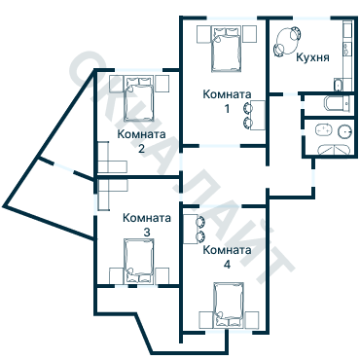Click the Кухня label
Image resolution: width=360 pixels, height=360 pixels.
coord(312,57)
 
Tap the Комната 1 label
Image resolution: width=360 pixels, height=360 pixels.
coord(227,101)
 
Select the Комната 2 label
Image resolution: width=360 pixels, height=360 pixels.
coord(141,141)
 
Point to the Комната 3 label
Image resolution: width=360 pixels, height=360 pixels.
coord(147,225)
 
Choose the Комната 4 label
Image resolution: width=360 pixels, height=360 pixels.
coord(227,257)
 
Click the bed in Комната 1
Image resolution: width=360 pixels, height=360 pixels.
coord(227,49)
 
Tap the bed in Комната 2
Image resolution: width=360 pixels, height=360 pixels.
coord(139,98)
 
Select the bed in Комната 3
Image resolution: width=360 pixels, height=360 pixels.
coord(139,261)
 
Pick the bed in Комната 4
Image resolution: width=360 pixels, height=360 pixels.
coord(229,306)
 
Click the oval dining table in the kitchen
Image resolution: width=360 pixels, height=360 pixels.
coord(287,41)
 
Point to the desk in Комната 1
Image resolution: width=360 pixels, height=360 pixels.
coord(258,115)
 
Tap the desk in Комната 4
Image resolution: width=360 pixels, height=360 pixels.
coord(190,229)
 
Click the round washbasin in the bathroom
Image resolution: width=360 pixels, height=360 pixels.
coord(344,131)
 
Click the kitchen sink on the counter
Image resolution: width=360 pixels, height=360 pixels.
coord(347,49)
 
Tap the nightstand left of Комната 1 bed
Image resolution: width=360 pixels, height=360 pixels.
coord(203,34)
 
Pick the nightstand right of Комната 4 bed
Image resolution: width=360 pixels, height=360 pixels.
coord(252,320)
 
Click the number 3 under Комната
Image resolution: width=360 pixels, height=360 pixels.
coord(147,233)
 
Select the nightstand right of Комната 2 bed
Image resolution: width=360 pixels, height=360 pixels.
coord(162,84)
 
